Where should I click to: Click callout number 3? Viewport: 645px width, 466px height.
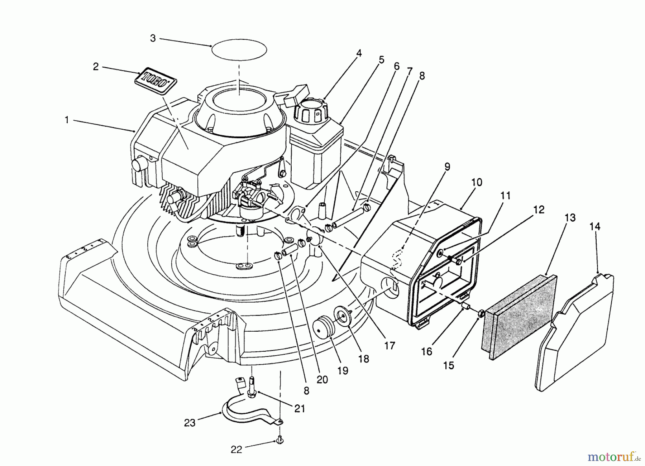153,38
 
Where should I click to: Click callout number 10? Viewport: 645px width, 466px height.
477,182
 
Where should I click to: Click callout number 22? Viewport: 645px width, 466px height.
236,450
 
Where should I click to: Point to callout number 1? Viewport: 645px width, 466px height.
67,120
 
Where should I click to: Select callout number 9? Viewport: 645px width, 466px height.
447,167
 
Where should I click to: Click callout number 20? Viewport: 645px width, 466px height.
322,379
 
